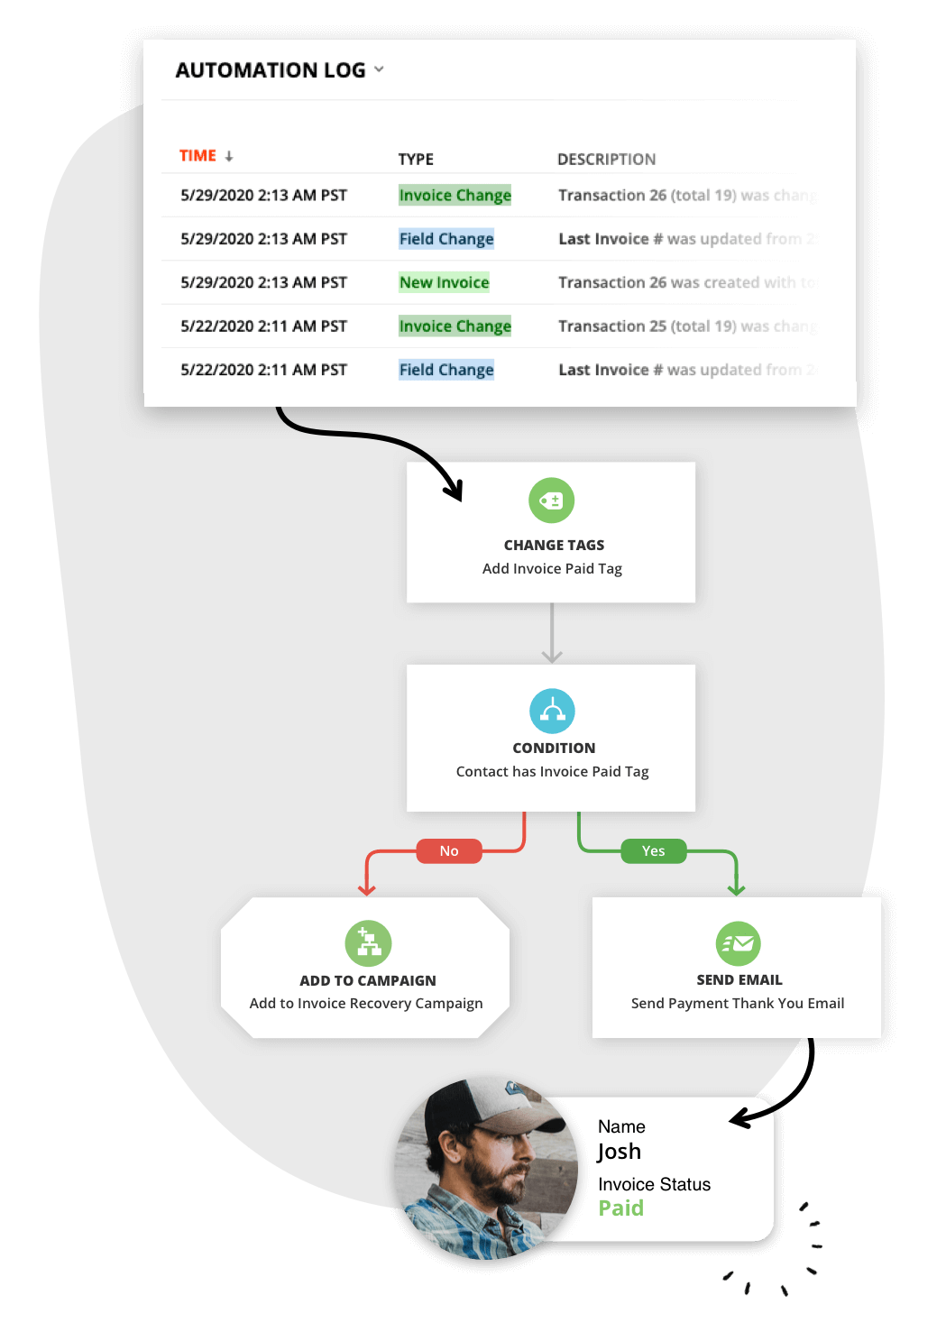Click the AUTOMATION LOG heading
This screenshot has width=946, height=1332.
pos(270,70)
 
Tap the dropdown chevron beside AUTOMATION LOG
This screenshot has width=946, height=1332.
pos(379,69)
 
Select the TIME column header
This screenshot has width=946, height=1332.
pos(198,156)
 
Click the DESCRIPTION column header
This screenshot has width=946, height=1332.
pos(606,160)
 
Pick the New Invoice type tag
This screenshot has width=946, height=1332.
pos(444,282)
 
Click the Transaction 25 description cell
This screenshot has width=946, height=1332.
pos(685,326)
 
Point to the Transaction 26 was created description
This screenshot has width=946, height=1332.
pos(685,282)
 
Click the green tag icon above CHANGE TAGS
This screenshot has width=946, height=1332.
pos(551,501)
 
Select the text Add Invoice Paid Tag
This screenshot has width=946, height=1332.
pos(552,569)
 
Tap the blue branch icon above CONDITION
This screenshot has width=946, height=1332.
pos(552,712)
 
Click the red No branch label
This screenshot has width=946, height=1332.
pos(449,851)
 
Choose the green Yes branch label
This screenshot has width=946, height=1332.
pos(653,851)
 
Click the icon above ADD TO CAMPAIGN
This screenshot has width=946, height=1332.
pos(368,942)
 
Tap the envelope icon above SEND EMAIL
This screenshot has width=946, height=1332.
pos(738,943)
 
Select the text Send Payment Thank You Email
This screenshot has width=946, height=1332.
pos(737,1004)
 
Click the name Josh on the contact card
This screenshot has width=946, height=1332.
pos(620,1152)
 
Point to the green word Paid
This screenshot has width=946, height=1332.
pos(621,1208)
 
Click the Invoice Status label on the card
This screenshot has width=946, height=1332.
pos(654,1184)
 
